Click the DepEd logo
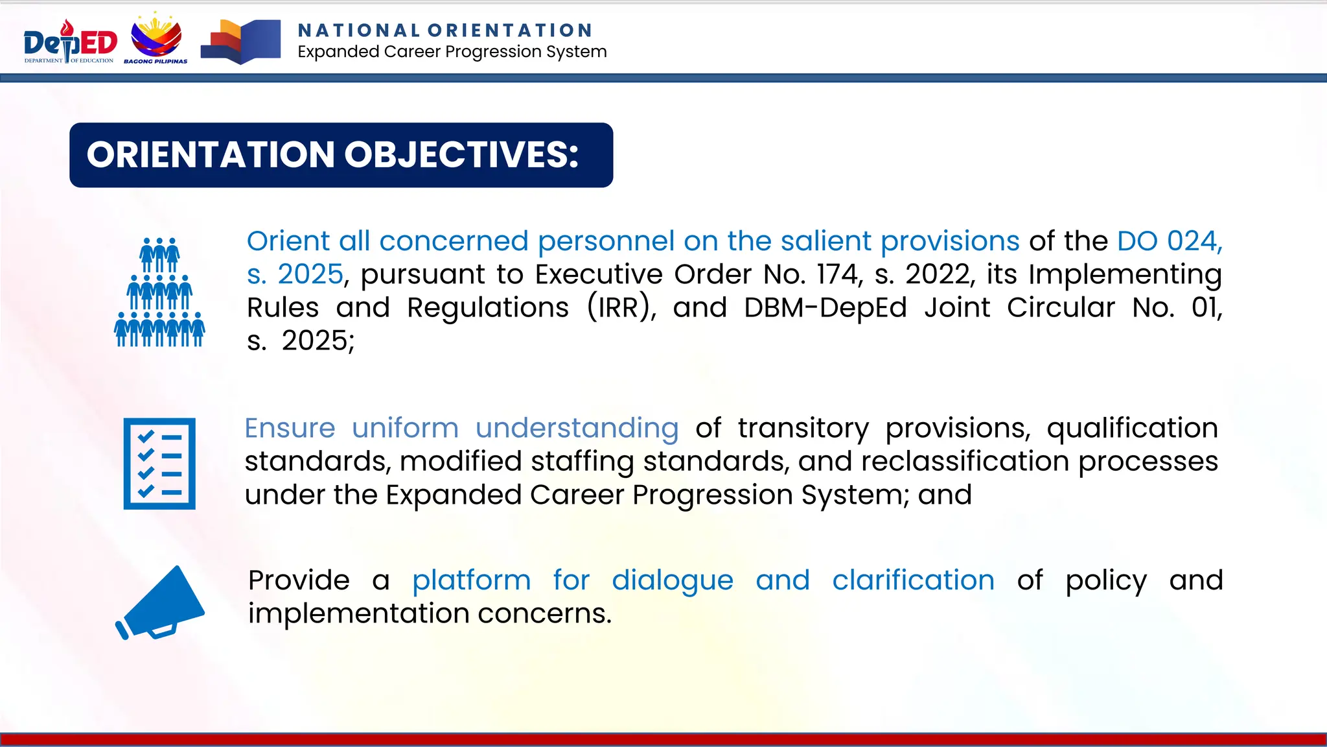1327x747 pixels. pos(70,41)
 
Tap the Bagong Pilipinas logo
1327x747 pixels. pos(156,38)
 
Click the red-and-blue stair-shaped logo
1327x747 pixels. pos(240,41)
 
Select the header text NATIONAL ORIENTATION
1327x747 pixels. pos(445,30)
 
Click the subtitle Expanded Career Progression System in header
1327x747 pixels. pos(452,52)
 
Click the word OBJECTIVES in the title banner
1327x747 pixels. pos(461,155)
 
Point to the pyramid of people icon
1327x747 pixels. pos(159,292)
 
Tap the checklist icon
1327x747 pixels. pos(159,464)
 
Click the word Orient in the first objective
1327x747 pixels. pos(288,241)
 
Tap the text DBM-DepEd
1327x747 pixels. pos(825,307)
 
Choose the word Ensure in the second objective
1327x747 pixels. pos(290,428)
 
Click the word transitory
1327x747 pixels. pos(803,428)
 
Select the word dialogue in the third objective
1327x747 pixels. pos(672,580)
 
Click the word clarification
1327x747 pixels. pos(913,580)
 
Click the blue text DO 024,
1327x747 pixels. pos(1170,241)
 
